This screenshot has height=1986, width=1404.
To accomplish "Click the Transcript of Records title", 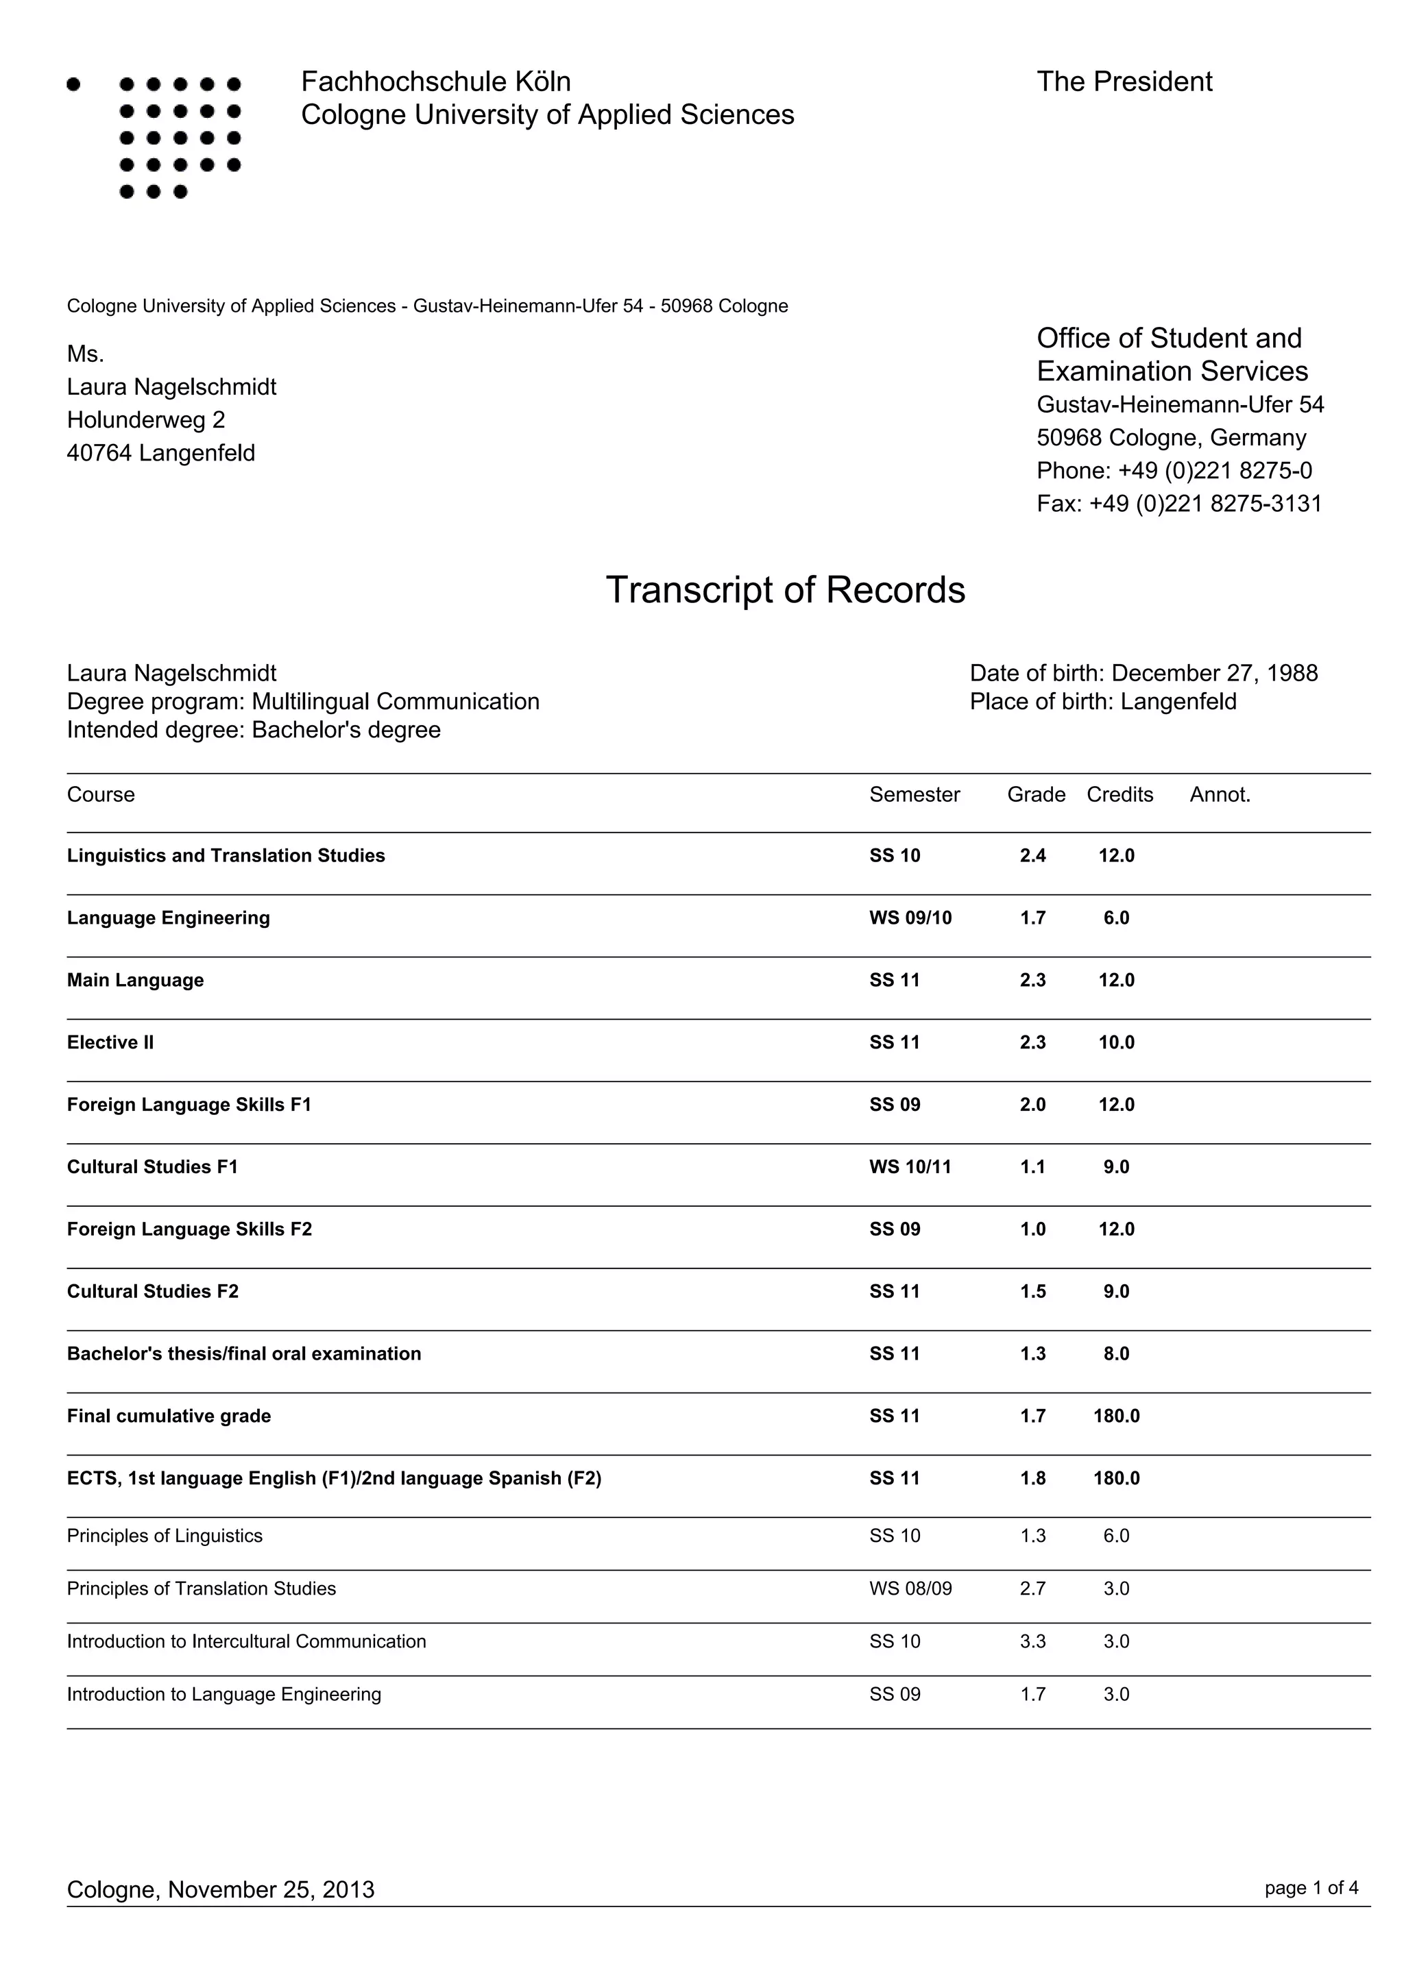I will point(785,590).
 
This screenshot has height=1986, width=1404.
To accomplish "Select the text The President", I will point(1124,82).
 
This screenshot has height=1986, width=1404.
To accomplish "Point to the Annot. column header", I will point(1220,794).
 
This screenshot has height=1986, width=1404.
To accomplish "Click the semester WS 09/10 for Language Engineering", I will point(910,918).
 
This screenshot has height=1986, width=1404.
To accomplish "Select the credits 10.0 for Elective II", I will point(1116,1042).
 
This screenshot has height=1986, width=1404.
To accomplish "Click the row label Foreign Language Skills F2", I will point(189,1229).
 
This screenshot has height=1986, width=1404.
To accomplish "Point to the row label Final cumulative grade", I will point(169,1416).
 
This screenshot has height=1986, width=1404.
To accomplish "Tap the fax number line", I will point(1179,504).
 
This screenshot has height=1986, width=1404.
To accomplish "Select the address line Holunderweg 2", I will point(146,419).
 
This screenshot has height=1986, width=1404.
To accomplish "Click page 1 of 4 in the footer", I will point(1311,1887).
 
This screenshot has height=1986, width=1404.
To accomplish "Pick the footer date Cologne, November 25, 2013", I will point(221,1889).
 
